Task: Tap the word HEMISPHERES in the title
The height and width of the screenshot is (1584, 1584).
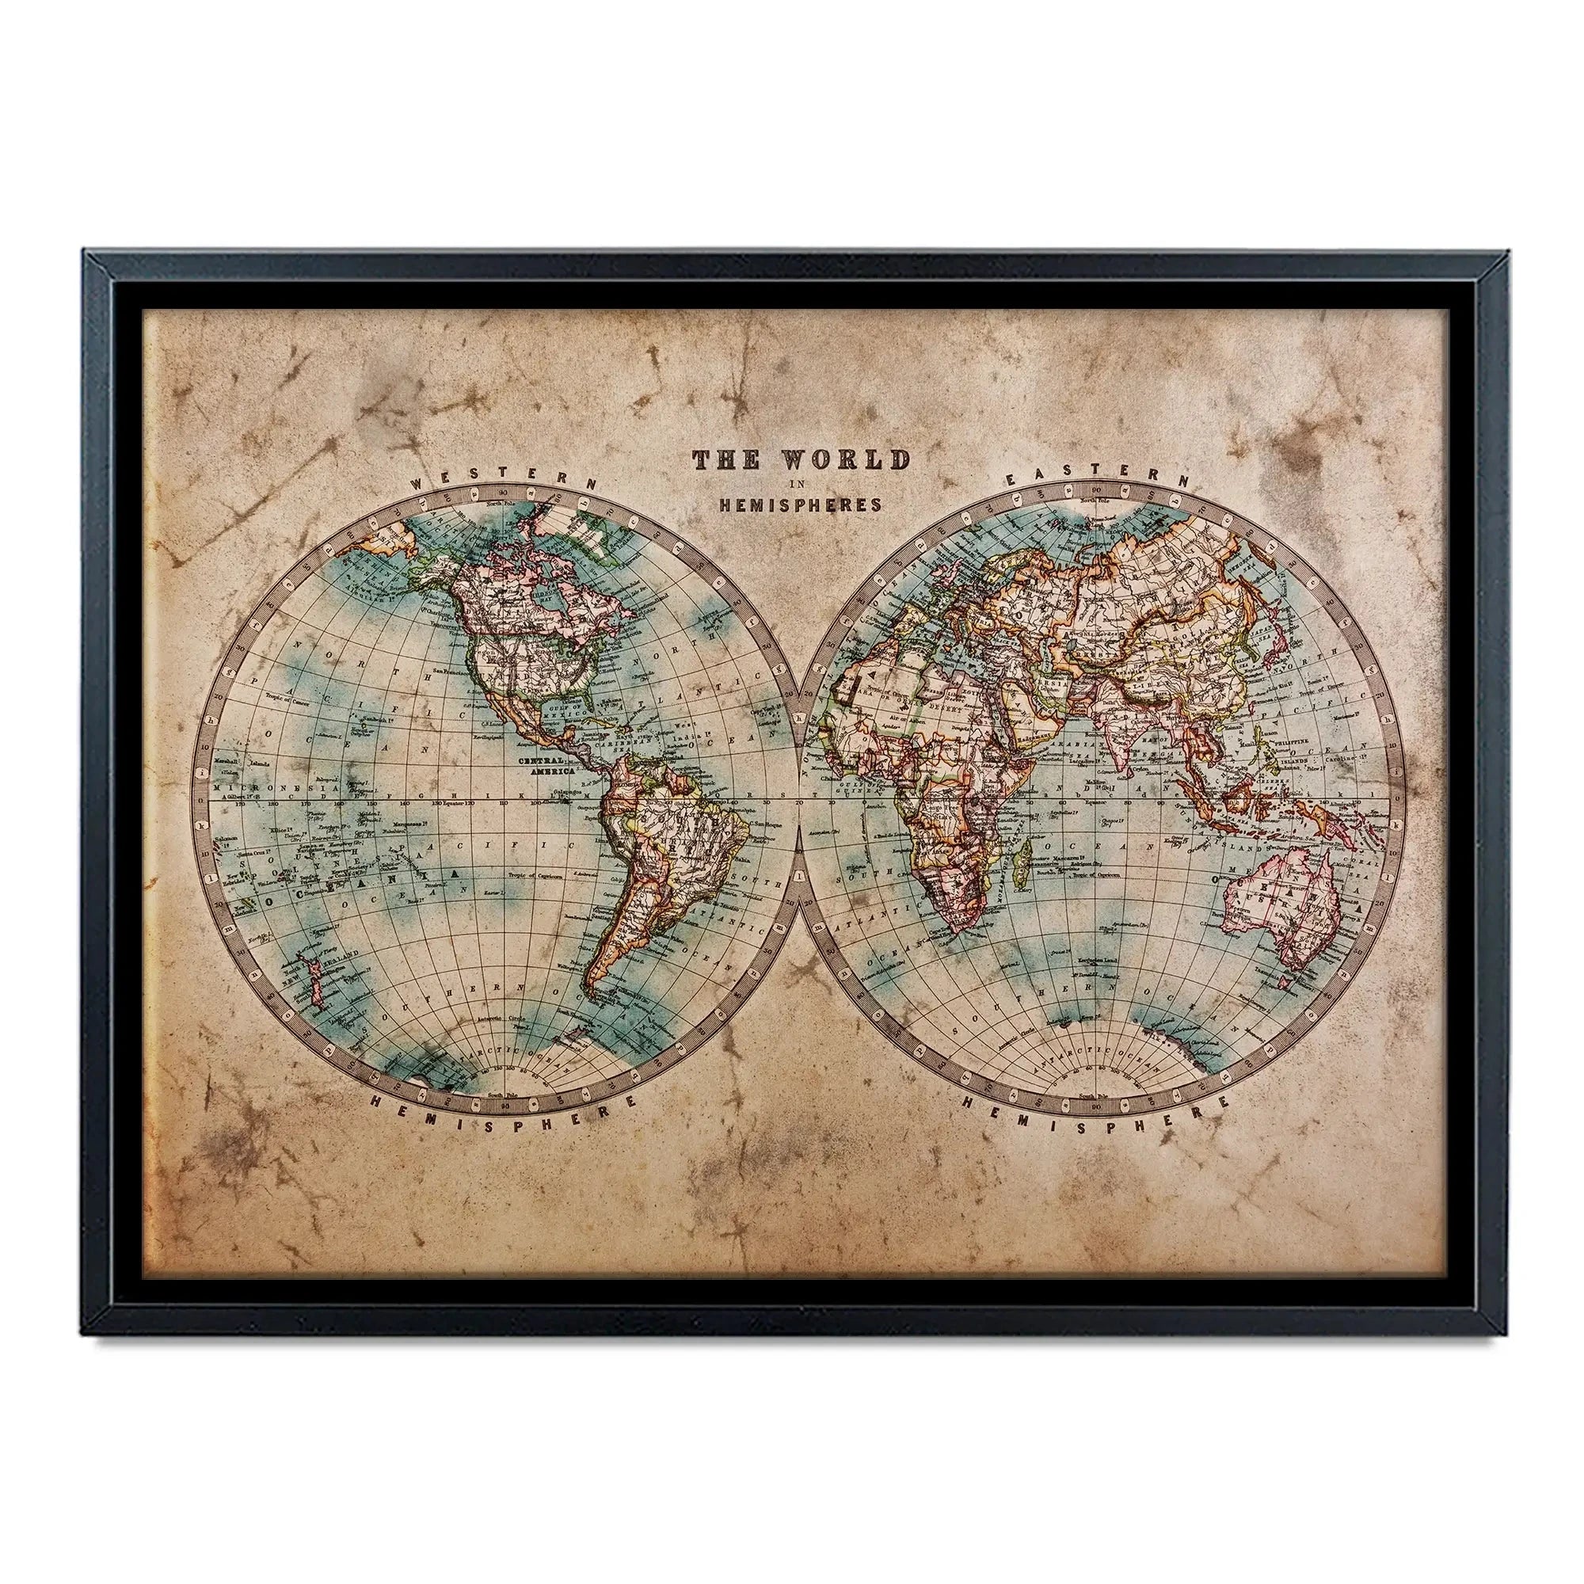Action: pyautogui.click(x=800, y=505)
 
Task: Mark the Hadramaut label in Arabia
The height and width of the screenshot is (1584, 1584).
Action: pyautogui.click(x=1034, y=738)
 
